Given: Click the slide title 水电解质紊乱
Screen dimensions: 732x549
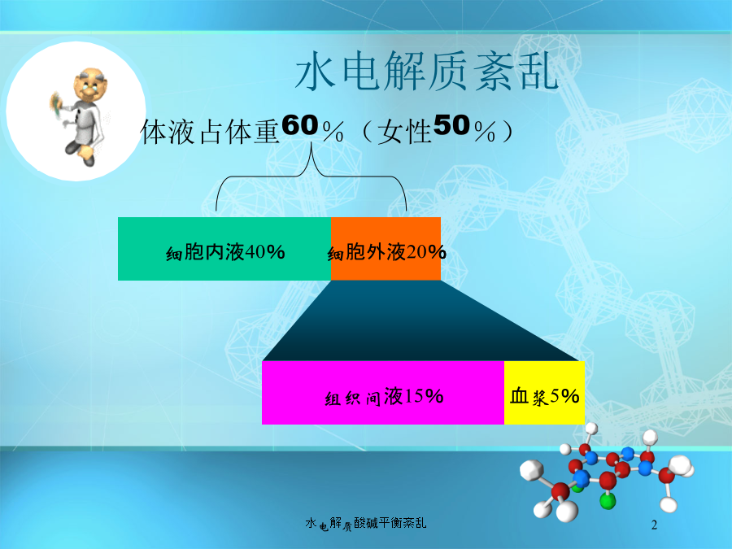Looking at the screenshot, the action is (427, 72).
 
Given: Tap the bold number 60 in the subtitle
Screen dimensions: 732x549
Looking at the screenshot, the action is (300, 125).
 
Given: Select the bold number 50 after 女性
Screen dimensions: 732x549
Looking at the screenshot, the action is (451, 125).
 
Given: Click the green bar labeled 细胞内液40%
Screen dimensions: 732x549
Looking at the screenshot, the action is (224, 249).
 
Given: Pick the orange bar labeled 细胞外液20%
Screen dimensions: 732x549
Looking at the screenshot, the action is (386, 249).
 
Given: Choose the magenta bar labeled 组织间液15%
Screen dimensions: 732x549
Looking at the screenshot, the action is (383, 393).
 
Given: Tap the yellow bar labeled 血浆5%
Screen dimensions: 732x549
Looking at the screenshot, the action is (544, 393).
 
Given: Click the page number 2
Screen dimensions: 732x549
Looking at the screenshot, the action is (654, 525).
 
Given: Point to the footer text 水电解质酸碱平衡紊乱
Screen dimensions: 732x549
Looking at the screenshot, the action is (365, 523).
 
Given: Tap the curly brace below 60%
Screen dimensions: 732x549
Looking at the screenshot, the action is (312, 176).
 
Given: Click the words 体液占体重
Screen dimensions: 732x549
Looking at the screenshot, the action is (211, 132).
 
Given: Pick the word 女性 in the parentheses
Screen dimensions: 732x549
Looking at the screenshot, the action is (404, 132).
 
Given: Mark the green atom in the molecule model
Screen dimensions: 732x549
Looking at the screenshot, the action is (608, 501).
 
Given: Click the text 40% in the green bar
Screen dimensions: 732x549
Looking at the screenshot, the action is (264, 252).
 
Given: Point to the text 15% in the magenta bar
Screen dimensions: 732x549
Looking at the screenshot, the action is (423, 396).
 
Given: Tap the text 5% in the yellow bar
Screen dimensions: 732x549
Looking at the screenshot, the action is (564, 396).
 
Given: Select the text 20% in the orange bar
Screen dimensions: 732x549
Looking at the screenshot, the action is (426, 252).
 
